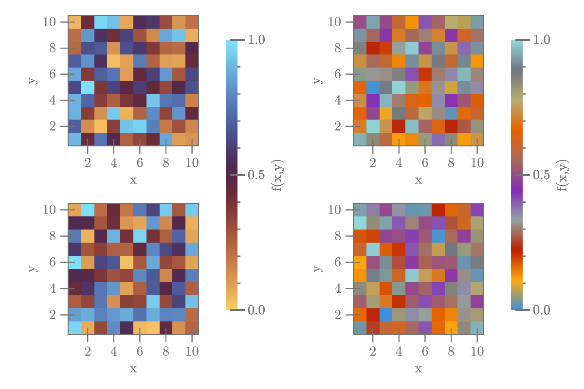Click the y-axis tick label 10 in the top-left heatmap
[x=49, y=22]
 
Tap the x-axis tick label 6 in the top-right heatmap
[x=425, y=162]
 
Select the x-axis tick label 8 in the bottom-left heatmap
[x=166, y=351]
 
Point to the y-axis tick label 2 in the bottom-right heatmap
[x=337, y=315]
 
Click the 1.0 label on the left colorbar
[x=256, y=40]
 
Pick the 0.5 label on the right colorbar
[x=541, y=175]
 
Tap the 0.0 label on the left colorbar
[x=256, y=310]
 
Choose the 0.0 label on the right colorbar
[x=541, y=310]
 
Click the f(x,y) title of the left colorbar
[x=278, y=175]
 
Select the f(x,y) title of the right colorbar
[x=564, y=175]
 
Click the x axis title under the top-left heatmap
[x=133, y=180]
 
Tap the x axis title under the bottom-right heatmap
[x=418, y=369]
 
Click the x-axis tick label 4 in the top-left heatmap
[x=114, y=162]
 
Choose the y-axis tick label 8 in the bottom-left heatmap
[x=52, y=236]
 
